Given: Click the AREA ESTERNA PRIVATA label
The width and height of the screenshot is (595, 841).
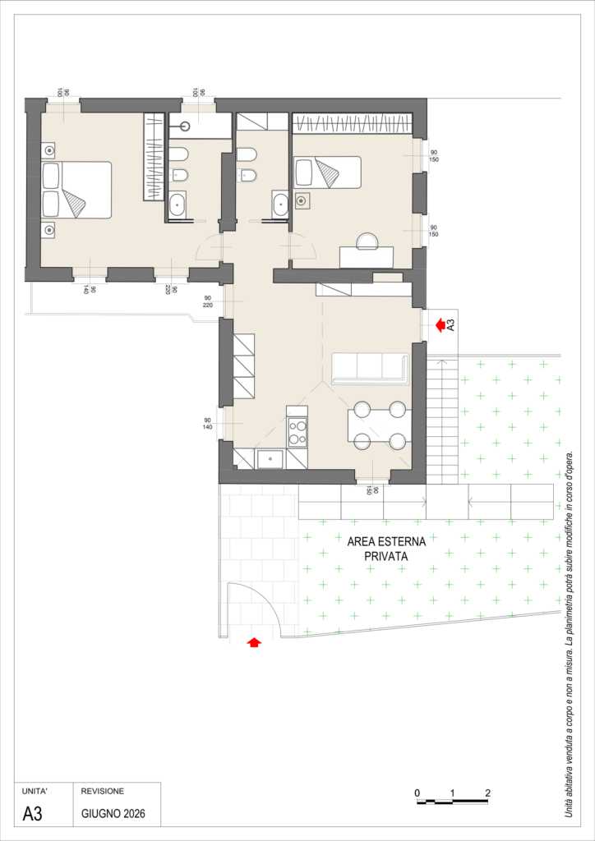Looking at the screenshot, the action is coord(386,549).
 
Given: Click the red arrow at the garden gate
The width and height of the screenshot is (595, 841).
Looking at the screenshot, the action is coord(254,641).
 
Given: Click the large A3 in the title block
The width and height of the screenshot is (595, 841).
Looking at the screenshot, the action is coord(32,814).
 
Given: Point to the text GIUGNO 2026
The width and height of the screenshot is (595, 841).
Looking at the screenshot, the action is coord(113,814).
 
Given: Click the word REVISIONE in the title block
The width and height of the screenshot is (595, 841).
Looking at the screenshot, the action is coord(103,791).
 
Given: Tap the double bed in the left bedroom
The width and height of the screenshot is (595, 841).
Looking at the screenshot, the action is coord(76,190).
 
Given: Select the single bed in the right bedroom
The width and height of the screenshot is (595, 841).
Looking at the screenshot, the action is coord(328,172).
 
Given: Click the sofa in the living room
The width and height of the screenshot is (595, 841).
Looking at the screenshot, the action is coord(371,369).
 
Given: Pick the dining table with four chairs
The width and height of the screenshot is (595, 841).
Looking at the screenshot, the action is coord(380,425).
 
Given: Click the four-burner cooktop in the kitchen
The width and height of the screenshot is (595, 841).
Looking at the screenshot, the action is coord(297,432).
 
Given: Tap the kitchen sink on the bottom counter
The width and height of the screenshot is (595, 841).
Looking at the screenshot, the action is coord(270,459).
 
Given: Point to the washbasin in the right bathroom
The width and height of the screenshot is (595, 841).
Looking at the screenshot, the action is coord(280,205).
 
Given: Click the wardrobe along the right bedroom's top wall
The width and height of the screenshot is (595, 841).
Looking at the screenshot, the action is coord(353,123).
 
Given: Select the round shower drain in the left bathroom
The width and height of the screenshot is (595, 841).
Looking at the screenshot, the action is coord(186,126).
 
